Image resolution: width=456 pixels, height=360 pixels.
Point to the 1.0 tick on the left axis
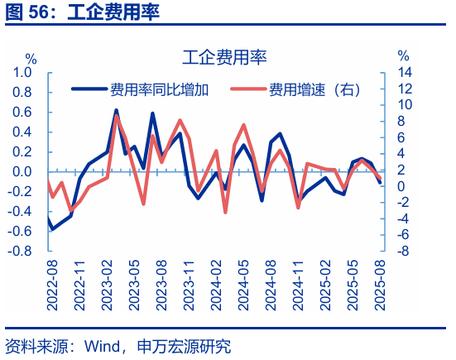coord(22,72)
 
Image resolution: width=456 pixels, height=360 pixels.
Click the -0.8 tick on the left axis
coord(20,252)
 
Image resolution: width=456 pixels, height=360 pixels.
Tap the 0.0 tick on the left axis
coord(22,172)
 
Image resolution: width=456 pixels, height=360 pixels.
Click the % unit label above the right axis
coord(403,56)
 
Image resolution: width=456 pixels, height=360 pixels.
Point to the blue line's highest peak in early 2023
coord(116,110)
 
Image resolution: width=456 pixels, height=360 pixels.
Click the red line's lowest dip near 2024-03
coord(225,213)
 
